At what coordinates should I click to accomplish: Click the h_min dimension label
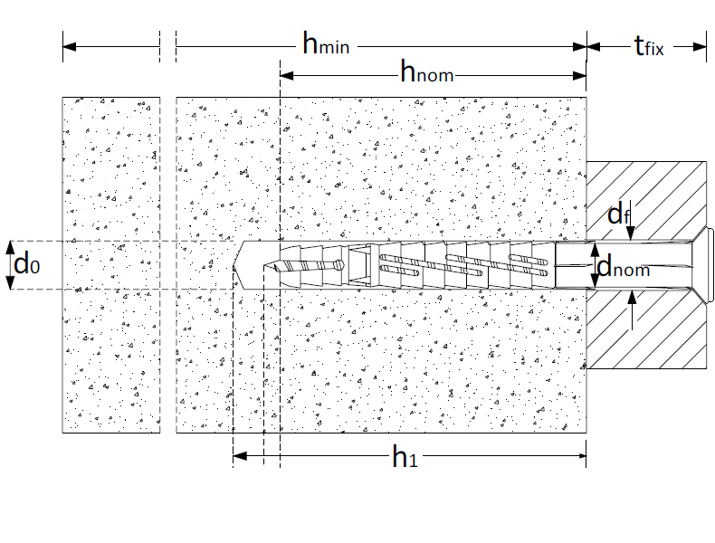[x=326, y=43]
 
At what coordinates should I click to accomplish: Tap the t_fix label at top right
[x=649, y=45]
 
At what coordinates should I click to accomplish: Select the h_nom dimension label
[x=427, y=71]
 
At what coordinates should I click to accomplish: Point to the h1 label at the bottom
[x=405, y=456]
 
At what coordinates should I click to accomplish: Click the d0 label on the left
[x=27, y=264]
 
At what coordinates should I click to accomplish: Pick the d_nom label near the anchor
[x=623, y=266]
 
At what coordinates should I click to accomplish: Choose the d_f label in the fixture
[x=619, y=214]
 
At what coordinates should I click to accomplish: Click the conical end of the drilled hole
[x=237, y=265]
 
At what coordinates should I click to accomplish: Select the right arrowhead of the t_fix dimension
[x=700, y=46]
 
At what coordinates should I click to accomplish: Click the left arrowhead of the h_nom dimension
[x=287, y=76]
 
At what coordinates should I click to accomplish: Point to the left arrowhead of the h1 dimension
[x=240, y=455]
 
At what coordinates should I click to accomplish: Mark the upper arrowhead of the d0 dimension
[x=10, y=248]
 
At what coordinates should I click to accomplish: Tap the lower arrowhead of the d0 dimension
[x=10, y=282]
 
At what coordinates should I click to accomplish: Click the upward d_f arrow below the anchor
[x=632, y=310]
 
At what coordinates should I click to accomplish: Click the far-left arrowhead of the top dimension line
[x=70, y=46]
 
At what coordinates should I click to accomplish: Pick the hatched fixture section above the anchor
[x=646, y=201]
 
